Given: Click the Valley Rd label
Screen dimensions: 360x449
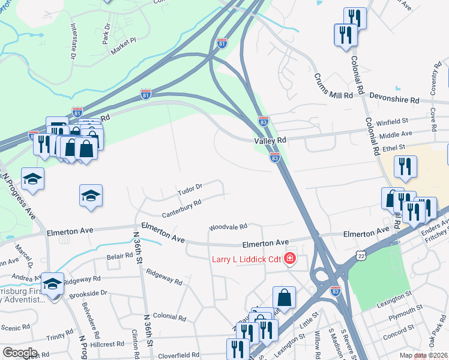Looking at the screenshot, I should pyautogui.click(x=270, y=140).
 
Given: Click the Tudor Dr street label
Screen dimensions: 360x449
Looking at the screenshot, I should pyautogui.click(x=190, y=190).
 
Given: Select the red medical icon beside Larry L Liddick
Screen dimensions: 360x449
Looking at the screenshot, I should pyautogui.click(x=290, y=259).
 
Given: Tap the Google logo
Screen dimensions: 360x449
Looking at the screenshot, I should pyautogui.click(x=19, y=352).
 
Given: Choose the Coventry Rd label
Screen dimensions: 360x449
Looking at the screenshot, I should pyautogui.click(x=433, y=80).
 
